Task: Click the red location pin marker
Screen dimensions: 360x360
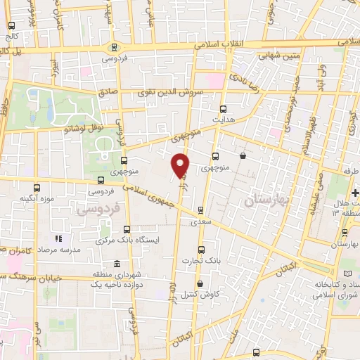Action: point(181,165)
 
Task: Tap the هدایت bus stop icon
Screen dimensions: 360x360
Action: point(224,109)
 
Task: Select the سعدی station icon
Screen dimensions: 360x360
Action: point(201,210)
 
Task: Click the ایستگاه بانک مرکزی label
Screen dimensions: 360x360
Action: point(127,240)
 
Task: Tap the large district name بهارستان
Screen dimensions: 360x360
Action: point(266,202)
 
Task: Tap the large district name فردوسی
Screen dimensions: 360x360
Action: point(98,210)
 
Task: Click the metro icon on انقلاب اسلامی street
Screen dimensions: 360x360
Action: point(115,47)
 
